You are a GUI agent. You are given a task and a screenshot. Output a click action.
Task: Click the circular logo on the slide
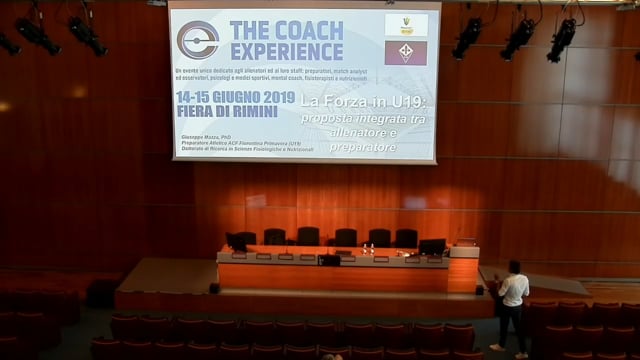198,40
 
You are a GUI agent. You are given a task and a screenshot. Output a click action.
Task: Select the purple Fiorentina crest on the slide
406,53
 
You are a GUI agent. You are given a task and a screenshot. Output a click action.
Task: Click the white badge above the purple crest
406,24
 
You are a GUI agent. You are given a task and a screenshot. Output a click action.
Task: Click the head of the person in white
514,268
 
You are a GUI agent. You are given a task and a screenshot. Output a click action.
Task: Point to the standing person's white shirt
514,290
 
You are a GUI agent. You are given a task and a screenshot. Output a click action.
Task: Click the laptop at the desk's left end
237,242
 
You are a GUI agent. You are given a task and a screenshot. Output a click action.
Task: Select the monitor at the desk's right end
432,246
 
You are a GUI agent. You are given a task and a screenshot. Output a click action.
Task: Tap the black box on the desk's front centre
330,260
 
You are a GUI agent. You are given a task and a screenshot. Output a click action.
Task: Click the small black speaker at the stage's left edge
214,288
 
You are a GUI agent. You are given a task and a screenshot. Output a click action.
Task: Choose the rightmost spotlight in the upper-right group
562,38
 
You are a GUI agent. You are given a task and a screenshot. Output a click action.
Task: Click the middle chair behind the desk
345,238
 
